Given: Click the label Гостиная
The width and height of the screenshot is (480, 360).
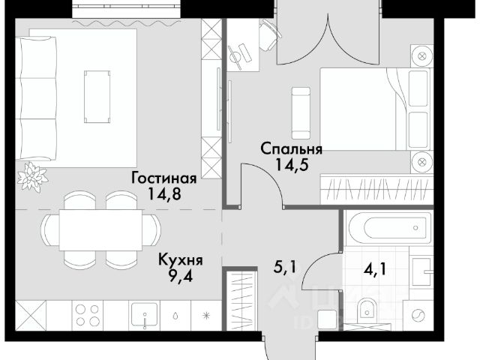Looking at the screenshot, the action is click(163, 178).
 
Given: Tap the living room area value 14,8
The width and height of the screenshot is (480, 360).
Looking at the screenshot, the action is click(164, 193).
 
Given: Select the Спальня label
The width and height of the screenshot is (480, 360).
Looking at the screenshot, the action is click(292, 150).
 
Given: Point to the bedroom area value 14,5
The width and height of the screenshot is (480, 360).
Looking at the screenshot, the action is click(292, 165).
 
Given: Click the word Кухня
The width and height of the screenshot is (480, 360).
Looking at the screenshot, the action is click(181, 260).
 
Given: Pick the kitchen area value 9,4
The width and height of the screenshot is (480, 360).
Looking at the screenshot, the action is click(180, 276).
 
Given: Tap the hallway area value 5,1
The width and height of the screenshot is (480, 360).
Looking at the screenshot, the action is click(285, 267).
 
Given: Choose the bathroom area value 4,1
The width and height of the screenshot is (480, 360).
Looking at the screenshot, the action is click(375, 269).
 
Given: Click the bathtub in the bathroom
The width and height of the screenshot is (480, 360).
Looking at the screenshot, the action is click(388, 227).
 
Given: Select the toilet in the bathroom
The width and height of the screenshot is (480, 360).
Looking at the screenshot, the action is click(367, 310).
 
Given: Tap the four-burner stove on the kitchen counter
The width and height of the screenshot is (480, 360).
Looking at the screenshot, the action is click(88, 315).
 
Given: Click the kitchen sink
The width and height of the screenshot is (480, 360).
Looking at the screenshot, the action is click(145, 315).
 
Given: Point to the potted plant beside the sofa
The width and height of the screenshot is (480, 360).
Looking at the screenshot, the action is click(32, 177).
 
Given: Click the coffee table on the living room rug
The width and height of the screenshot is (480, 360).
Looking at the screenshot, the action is click(97, 97).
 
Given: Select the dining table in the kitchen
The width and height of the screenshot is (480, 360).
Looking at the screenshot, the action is click(100, 230).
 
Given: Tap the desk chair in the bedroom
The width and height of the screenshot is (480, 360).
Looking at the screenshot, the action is click(269, 34).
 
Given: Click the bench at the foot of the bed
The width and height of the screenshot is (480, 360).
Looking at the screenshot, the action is click(301, 113).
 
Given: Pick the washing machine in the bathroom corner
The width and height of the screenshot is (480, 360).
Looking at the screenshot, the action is click(418, 315).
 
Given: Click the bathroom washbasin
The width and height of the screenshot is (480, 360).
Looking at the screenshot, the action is click(421, 271).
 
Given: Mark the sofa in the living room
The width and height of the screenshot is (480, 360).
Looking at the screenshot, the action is click(36, 98).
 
